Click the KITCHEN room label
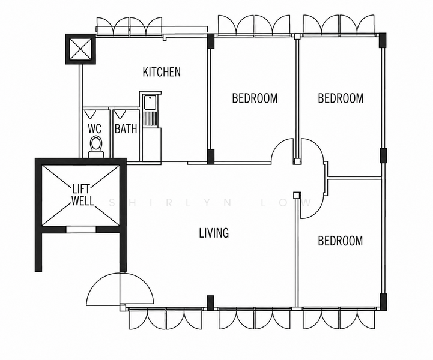(x=162, y=72)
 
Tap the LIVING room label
(x=214, y=233)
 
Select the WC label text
(x=95, y=129)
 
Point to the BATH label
(x=126, y=129)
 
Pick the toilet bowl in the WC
(x=96, y=144)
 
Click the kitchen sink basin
(x=150, y=103)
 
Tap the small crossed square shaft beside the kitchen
(x=80, y=49)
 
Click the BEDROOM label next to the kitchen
(x=255, y=98)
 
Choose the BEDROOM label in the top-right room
(x=341, y=98)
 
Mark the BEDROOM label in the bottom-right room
(x=340, y=241)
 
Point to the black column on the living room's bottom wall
(x=210, y=303)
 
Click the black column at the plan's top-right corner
(x=383, y=40)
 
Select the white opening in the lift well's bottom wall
(x=81, y=230)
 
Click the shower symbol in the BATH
(x=120, y=113)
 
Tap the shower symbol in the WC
(x=89, y=113)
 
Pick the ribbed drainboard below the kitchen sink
(x=150, y=118)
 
